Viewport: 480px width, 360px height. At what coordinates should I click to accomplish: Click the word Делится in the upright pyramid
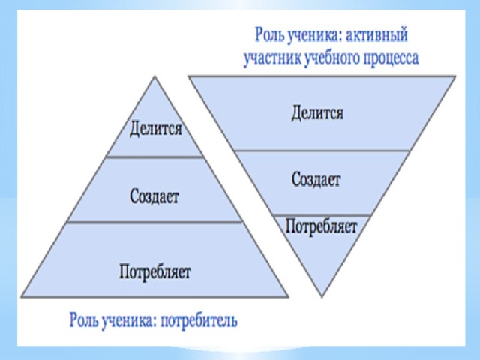pos(155,128)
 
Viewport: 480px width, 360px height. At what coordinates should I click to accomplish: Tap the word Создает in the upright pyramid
pos(154,196)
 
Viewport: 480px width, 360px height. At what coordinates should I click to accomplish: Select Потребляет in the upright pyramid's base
pos(155,271)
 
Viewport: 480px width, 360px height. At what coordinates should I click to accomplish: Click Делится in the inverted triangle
pos(317,113)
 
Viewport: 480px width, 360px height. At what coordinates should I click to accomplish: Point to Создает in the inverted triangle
pos(316,179)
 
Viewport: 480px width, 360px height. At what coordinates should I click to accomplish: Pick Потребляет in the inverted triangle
pos(322,226)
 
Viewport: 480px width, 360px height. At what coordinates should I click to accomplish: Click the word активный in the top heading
pos(376,35)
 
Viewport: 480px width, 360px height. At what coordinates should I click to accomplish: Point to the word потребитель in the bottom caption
pos(199,320)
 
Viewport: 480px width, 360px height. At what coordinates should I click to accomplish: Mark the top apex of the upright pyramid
pos(155,76)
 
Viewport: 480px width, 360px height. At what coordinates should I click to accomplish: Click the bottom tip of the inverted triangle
pos(322,297)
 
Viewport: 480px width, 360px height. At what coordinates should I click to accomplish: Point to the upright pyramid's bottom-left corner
pos(21,297)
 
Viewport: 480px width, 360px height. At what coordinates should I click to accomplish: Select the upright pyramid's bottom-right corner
pos(288,297)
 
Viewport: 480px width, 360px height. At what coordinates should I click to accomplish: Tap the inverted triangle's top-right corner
pos(456,76)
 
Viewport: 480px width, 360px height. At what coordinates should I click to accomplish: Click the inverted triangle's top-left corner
pos(188,76)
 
